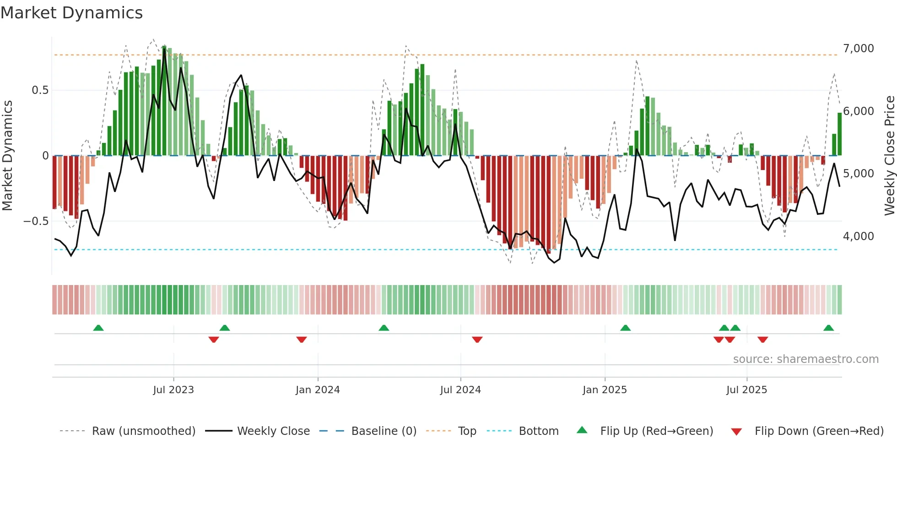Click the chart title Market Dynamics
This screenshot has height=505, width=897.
[71, 13]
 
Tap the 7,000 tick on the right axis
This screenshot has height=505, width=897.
[858, 49]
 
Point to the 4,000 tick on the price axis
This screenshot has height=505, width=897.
[858, 236]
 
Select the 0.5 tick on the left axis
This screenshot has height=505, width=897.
[40, 90]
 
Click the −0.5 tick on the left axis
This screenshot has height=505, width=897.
[36, 221]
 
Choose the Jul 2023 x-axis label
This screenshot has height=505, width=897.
[173, 390]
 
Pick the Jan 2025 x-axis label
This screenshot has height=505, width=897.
[605, 390]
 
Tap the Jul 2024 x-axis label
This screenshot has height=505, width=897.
[460, 390]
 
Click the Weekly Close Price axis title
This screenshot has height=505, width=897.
[889, 156]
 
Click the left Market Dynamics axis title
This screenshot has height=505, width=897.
[7, 156]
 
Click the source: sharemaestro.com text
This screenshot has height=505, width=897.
[805, 359]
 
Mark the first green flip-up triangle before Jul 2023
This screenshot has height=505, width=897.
[98, 328]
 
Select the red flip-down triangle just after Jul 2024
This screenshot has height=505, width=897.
[477, 340]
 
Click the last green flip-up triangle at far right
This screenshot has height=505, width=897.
[828, 328]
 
